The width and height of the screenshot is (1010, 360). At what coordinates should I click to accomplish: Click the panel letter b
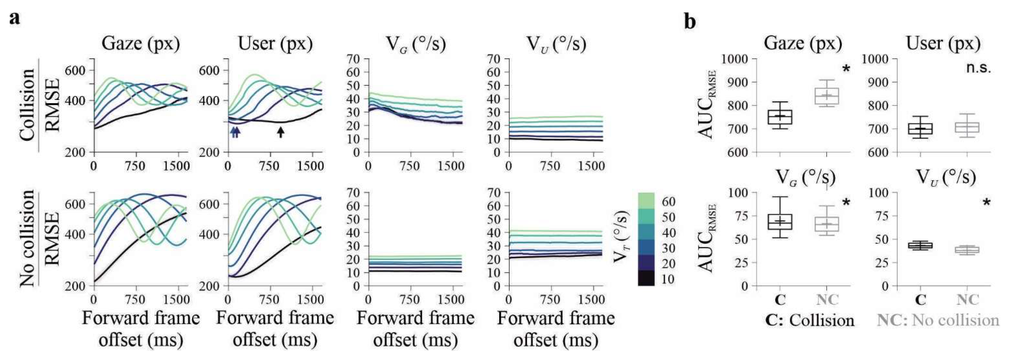pyautogui.click(x=690, y=21)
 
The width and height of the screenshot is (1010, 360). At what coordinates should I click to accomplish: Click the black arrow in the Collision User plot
pyautogui.click(x=280, y=132)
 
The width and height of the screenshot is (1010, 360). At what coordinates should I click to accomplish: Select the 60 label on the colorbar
pyautogui.click(x=668, y=201)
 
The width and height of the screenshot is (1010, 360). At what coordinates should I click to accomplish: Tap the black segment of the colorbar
pyautogui.click(x=646, y=278)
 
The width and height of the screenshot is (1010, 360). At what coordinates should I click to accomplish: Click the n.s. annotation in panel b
pyautogui.click(x=978, y=68)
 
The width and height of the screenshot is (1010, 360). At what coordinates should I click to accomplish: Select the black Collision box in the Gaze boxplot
pyautogui.click(x=780, y=117)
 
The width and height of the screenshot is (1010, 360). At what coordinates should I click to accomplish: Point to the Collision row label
pyautogui.click(x=27, y=105)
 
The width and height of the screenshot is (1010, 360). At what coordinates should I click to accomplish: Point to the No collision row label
pyautogui.click(x=27, y=239)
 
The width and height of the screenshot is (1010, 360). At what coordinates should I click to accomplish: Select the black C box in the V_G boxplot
pyautogui.click(x=780, y=222)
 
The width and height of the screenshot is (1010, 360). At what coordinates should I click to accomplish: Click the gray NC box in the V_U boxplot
pyautogui.click(x=967, y=250)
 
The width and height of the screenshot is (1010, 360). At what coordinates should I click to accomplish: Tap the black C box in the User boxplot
pyautogui.click(x=920, y=129)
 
